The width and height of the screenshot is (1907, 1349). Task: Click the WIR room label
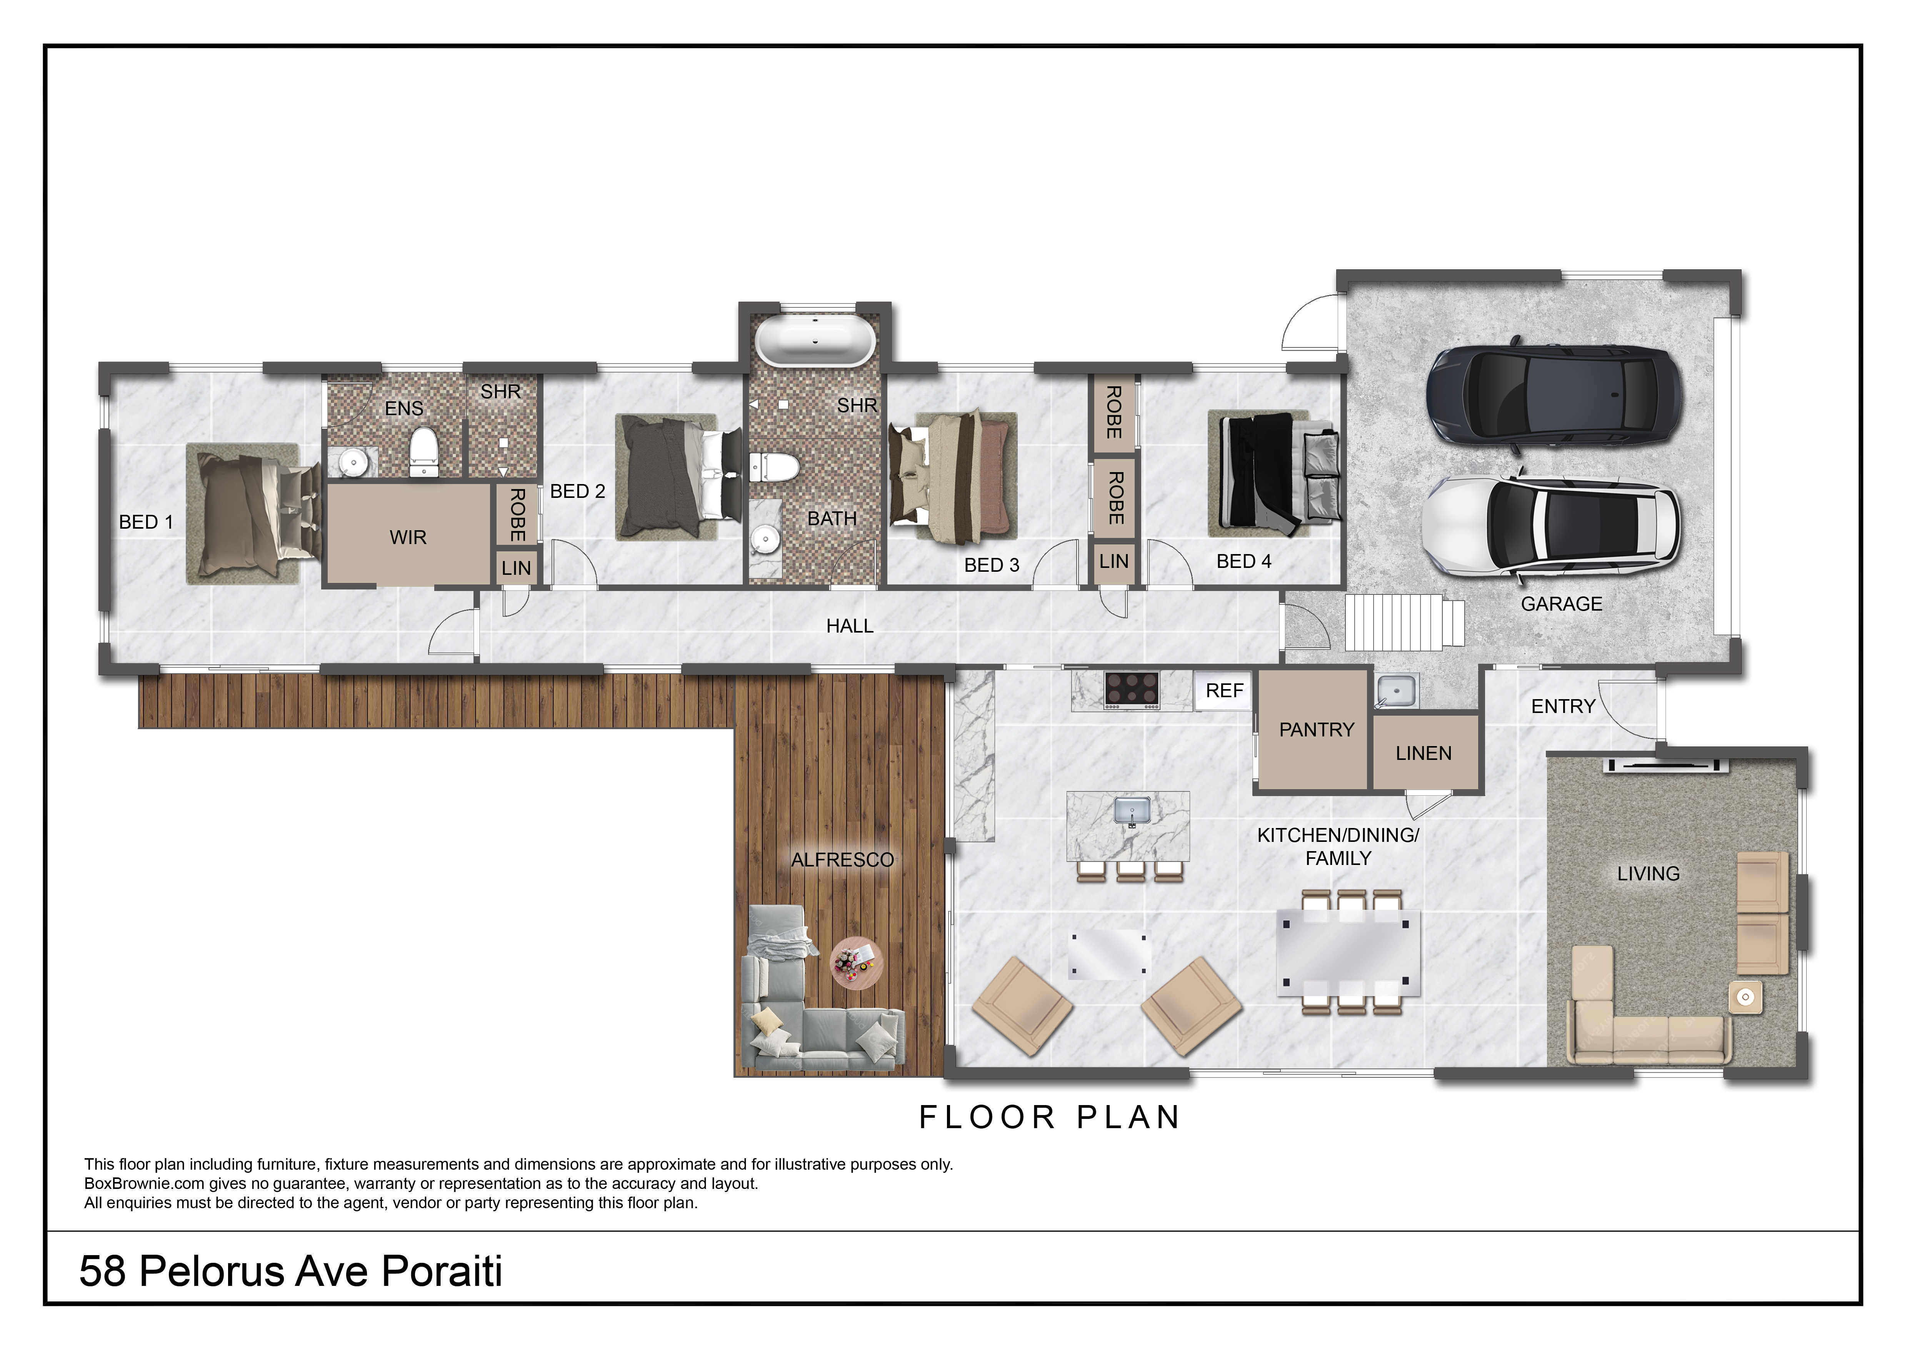[408, 538]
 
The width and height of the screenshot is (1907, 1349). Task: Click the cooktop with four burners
[1132, 690]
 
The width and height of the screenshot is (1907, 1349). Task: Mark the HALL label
[850, 626]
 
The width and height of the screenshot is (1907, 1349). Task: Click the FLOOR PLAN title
[1050, 1117]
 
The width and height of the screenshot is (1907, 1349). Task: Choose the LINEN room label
[1424, 753]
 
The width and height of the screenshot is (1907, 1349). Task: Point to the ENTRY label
[1563, 706]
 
